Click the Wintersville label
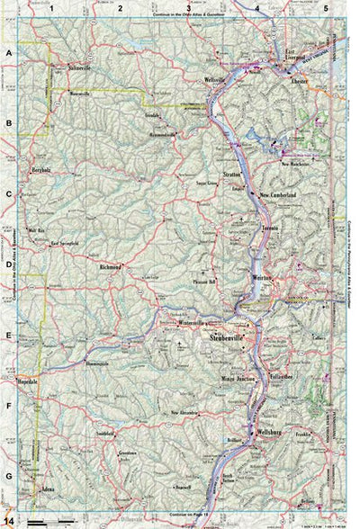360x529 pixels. (x=192, y=321)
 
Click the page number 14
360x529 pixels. (x=8, y=519)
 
